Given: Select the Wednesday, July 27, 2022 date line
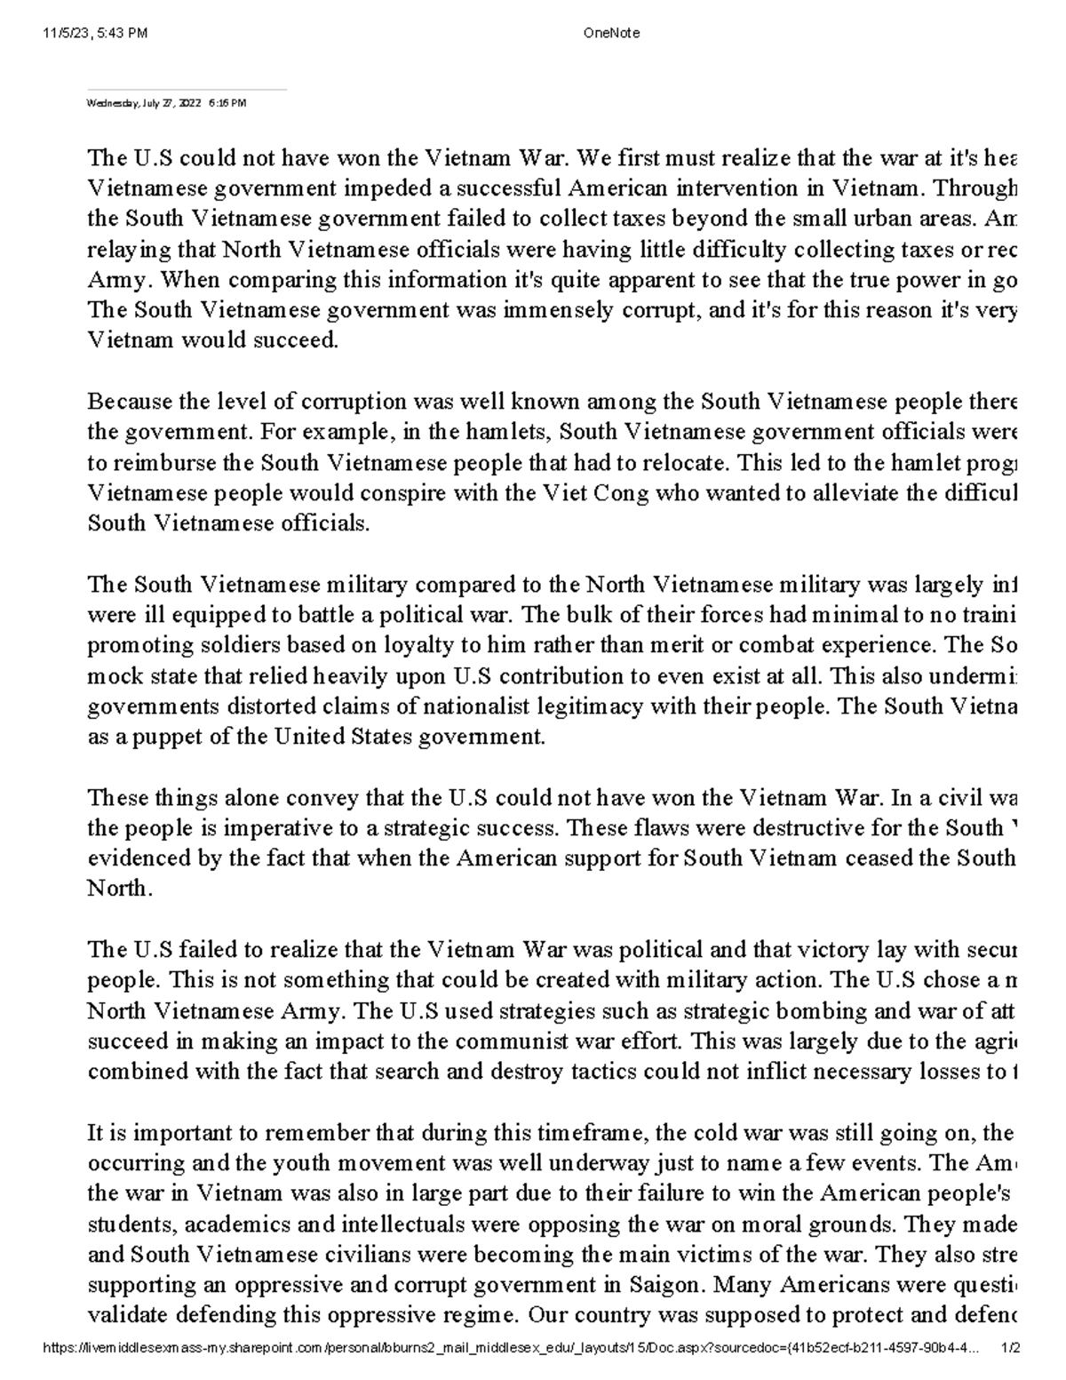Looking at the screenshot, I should pos(165,103).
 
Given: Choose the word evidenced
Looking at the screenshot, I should pos(130,858).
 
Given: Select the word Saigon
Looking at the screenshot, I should pos(658,1284).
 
